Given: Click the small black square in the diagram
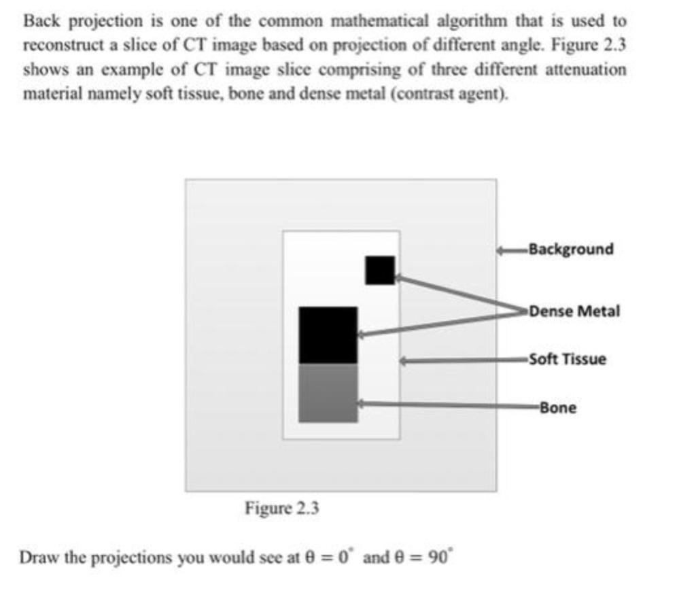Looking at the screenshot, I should tap(379, 270).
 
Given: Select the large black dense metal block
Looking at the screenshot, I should tap(328, 335).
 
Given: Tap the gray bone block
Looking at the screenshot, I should tap(328, 393).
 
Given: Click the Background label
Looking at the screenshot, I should tap(570, 249).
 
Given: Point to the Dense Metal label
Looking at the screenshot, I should tap(574, 311).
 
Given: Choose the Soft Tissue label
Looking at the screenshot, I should tap(568, 359).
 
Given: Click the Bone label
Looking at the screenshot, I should tap(558, 408).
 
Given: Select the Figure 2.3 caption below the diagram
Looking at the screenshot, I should tap(282, 508).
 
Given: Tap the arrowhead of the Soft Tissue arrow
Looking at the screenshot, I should tap(404, 361).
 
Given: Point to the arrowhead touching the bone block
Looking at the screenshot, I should tap(362, 404).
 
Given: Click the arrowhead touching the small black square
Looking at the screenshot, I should tap(399, 277).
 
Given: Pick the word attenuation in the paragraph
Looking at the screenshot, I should tap(589, 70).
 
